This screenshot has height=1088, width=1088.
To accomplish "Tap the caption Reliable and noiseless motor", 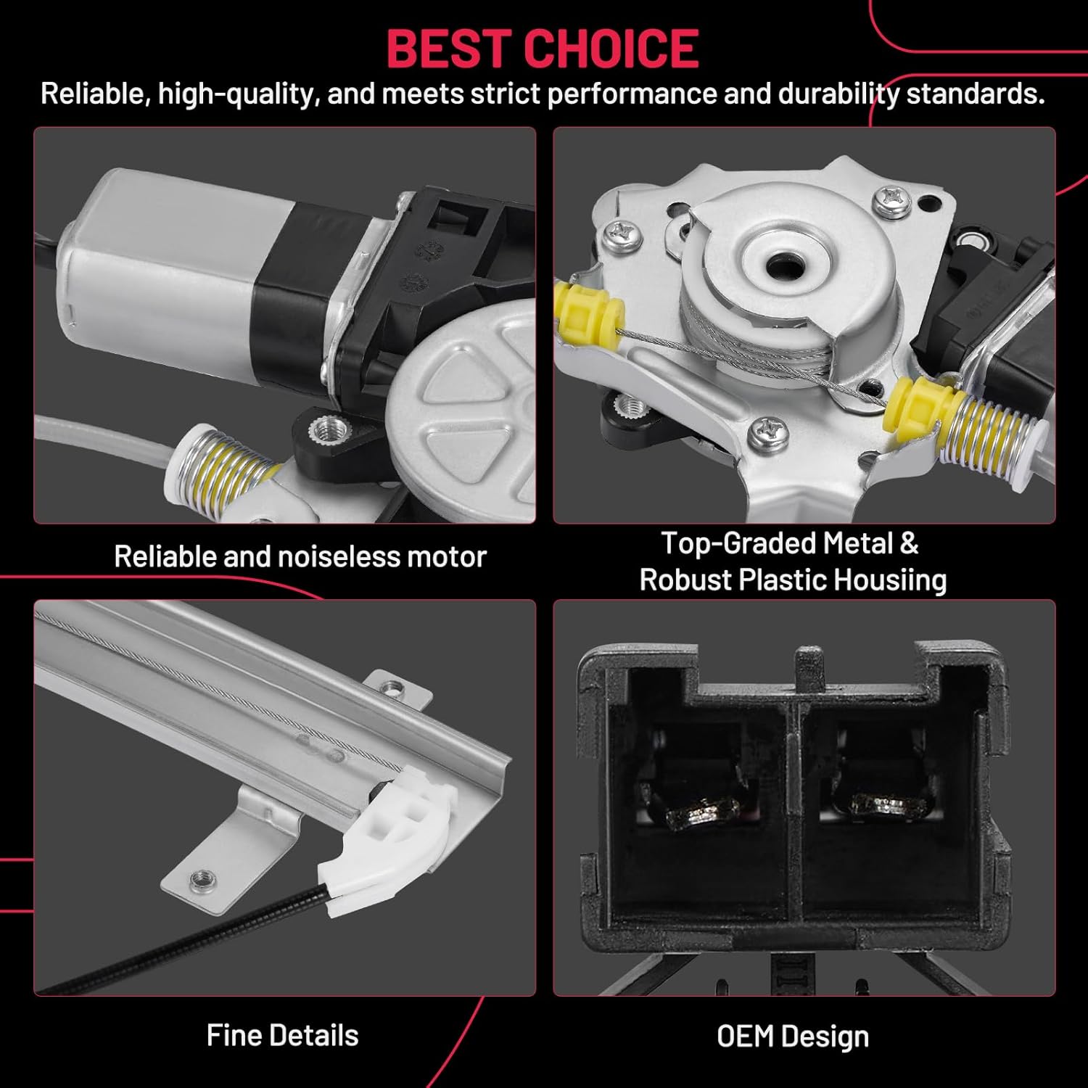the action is point(300,556).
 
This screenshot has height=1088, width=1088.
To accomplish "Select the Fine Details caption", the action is point(282,1035).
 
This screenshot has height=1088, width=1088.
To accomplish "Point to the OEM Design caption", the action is point(793,1037).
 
